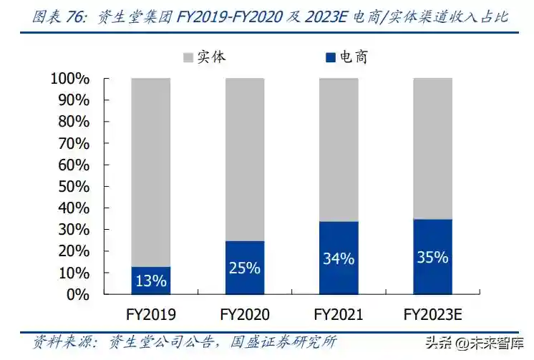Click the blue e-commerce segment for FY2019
[150, 281]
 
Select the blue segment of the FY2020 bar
[244, 268]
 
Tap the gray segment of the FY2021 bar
[338, 149]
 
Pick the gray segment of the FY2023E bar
[432, 148]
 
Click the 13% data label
[150, 281]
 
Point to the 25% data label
[244, 268]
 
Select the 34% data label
[338, 258]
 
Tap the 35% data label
[432, 257]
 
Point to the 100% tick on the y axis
[69, 78]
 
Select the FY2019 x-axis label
[150, 314]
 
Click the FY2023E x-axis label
[432, 314]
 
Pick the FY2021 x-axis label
[338, 314]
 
